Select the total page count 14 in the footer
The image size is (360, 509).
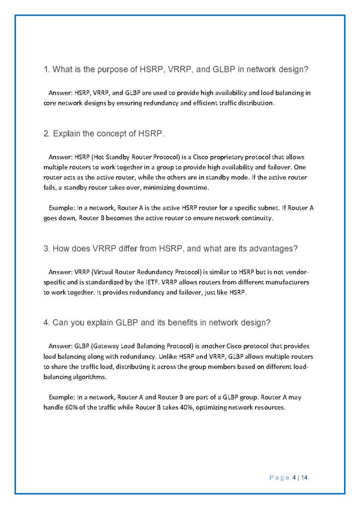click(304, 478)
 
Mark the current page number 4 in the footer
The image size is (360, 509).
click(294, 478)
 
